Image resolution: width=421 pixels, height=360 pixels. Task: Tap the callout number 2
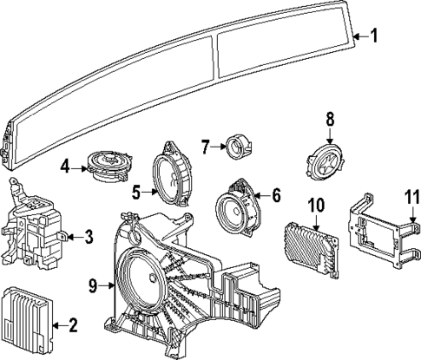click(x=73, y=325)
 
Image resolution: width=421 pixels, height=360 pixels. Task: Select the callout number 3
click(x=87, y=235)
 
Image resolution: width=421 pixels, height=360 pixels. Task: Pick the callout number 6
click(x=275, y=195)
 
